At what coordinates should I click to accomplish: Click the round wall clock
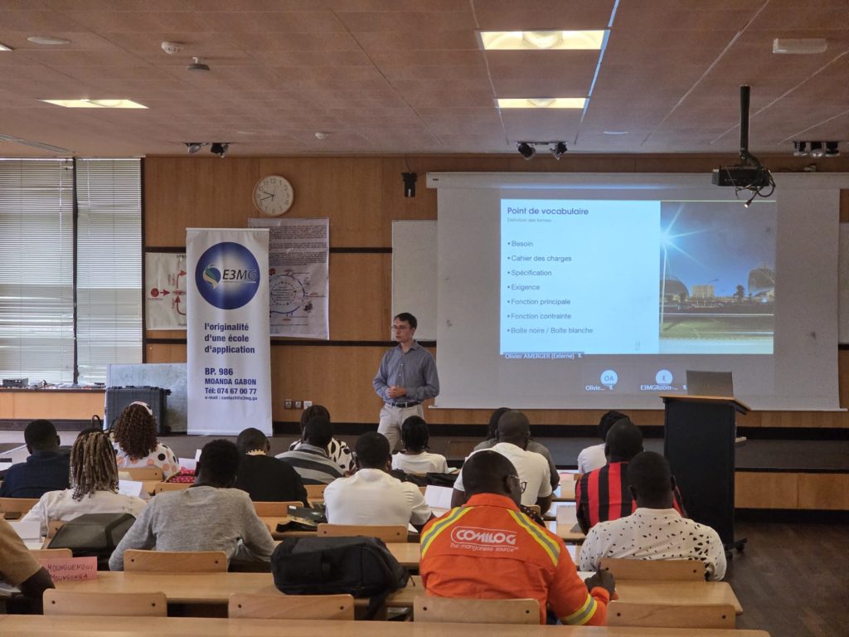[273, 196]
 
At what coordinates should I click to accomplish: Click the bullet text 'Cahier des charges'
[541, 258]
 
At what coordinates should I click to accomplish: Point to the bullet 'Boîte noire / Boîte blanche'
[551, 330]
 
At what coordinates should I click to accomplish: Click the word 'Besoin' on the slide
[522, 244]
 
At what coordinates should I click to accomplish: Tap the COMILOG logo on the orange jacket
[483, 538]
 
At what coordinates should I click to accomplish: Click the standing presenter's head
[405, 327]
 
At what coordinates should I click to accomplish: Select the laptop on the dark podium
[709, 383]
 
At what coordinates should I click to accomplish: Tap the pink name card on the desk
[70, 568]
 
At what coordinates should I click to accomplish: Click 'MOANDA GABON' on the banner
[229, 382]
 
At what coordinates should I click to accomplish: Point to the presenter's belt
[404, 404]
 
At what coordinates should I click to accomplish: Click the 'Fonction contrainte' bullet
[541, 316]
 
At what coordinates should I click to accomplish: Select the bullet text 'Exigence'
[526, 287]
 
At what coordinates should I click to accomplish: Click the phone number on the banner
[230, 391]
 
